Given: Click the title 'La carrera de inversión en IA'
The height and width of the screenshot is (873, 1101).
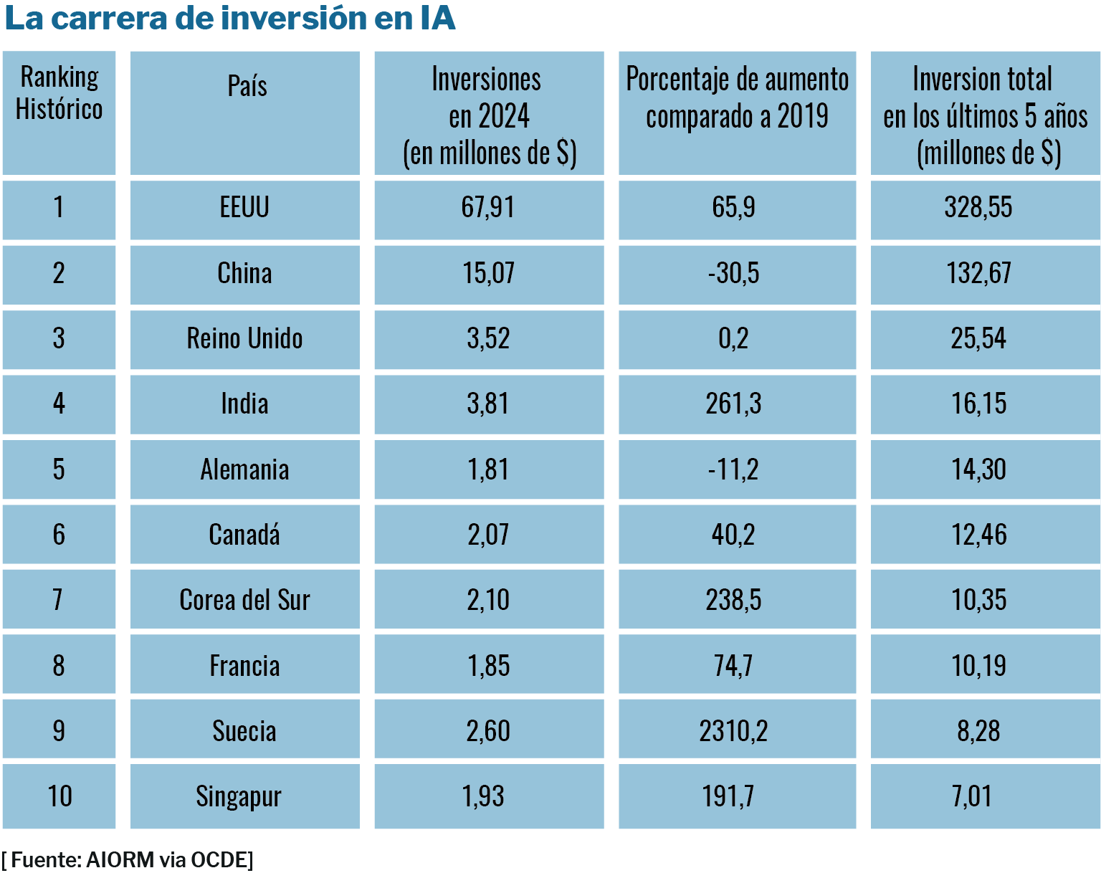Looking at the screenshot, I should [230, 19].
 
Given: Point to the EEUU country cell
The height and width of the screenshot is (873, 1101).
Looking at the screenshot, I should [244, 208].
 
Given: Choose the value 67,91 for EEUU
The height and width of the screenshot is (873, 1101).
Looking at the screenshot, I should [488, 208].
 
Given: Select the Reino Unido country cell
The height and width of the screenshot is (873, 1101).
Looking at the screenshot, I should [244, 339].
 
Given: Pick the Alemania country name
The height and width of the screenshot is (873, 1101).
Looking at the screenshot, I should [244, 470].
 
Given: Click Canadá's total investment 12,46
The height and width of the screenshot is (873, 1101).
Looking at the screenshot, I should [979, 535].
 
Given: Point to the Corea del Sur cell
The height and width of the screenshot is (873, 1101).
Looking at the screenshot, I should [244, 601].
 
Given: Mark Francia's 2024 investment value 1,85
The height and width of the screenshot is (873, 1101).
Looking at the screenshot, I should [488, 667].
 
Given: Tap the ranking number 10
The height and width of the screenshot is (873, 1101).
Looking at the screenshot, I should [59, 797].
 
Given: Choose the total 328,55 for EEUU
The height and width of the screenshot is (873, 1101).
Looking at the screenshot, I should [978, 208].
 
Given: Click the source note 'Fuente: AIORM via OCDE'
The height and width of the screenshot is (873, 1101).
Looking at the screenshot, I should [128, 860].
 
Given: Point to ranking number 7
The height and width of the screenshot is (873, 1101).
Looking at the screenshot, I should [58, 601].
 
